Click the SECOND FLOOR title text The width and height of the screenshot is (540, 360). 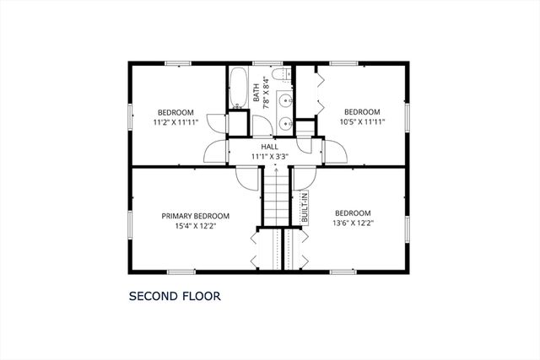(x=174, y=297)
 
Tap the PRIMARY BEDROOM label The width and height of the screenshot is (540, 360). (x=196, y=216)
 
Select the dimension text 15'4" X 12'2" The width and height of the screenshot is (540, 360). (x=196, y=227)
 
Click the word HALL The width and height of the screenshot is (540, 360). (x=269, y=146)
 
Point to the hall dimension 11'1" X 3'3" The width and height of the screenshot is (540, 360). (x=269, y=156)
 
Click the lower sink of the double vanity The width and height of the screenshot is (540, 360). (x=286, y=123)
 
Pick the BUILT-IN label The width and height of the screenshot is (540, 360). (x=305, y=207)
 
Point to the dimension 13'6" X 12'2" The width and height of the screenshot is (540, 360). (x=353, y=223)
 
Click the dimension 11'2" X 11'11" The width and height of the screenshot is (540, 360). (x=175, y=122)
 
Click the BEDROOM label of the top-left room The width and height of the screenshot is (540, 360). (x=175, y=112)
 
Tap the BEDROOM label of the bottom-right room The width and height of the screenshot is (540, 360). (x=353, y=212)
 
